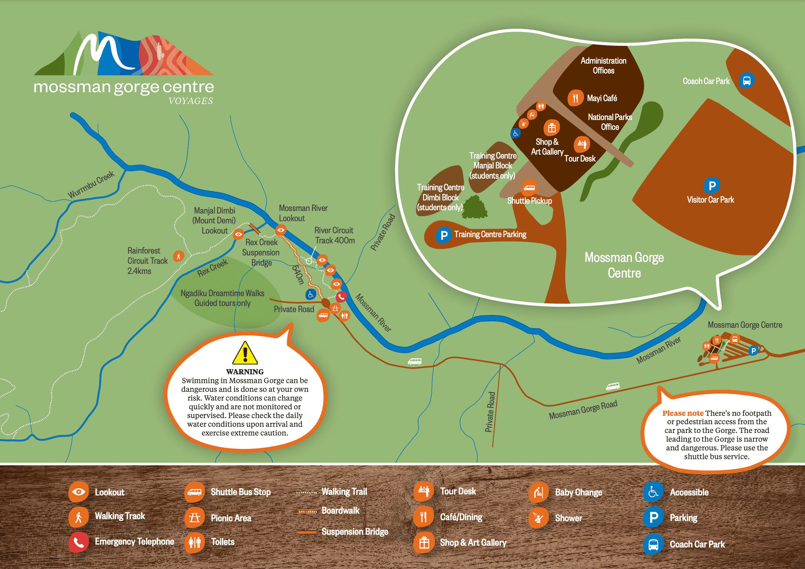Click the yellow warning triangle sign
pyautogui.click(x=245, y=354)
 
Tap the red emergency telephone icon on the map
pyautogui.click(x=341, y=297)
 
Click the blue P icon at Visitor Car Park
pyautogui.click(x=712, y=186)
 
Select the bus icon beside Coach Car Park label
pyautogui.click(x=746, y=80)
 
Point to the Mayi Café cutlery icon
pyautogui.click(x=575, y=98)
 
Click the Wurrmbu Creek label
pyautogui.click(x=91, y=184)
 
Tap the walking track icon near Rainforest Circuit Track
pyautogui.click(x=179, y=256)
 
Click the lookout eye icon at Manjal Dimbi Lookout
pyautogui.click(x=239, y=234)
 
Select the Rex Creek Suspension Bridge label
pyautogui.click(x=261, y=252)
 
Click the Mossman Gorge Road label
pyautogui.click(x=583, y=410)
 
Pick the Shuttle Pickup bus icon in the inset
pyautogui.click(x=529, y=188)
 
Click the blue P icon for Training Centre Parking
pyautogui.click(x=444, y=235)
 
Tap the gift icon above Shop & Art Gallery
pyautogui.click(x=552, y=128)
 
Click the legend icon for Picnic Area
pyautogui.click(x=194, y=517)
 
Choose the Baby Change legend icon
pyautogui.click(x=538, y=493)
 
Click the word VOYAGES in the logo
pyautogui.click(x=191, y=101)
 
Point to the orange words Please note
pyautogui.click(x=682, y=413)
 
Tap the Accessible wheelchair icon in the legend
pyautogui.click(x=653, y=492)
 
